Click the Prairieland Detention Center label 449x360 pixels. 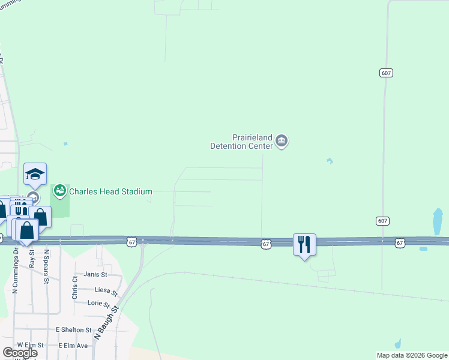(x=241, y=142)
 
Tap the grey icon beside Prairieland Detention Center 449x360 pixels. (x=282, y=142)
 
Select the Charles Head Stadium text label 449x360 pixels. (x=110, y=191)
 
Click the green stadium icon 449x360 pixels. (x=59, y=191)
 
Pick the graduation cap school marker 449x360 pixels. (x=35, y=174)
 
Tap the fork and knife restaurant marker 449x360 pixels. (x=304, y=244)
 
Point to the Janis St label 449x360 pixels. (x=95, y=274)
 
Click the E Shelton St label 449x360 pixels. (x=73, y=330)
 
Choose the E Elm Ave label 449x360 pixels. (x=73, y=346)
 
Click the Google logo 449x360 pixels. (x=20, y=352)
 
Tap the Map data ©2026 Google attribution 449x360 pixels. (x=411, y=355)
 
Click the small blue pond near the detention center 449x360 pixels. (x=330, y=161)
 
